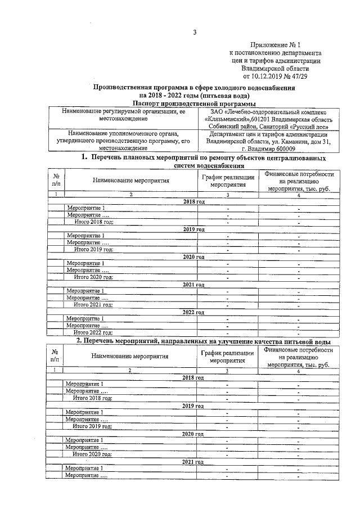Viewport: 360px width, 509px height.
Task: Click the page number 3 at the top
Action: point(195,32)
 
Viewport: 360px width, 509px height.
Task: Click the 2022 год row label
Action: point(193,312)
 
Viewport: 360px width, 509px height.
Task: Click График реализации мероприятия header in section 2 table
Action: point(227,357)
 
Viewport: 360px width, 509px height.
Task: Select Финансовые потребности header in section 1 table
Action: point(298,182)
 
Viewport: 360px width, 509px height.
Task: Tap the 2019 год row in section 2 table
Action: point(193,406)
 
